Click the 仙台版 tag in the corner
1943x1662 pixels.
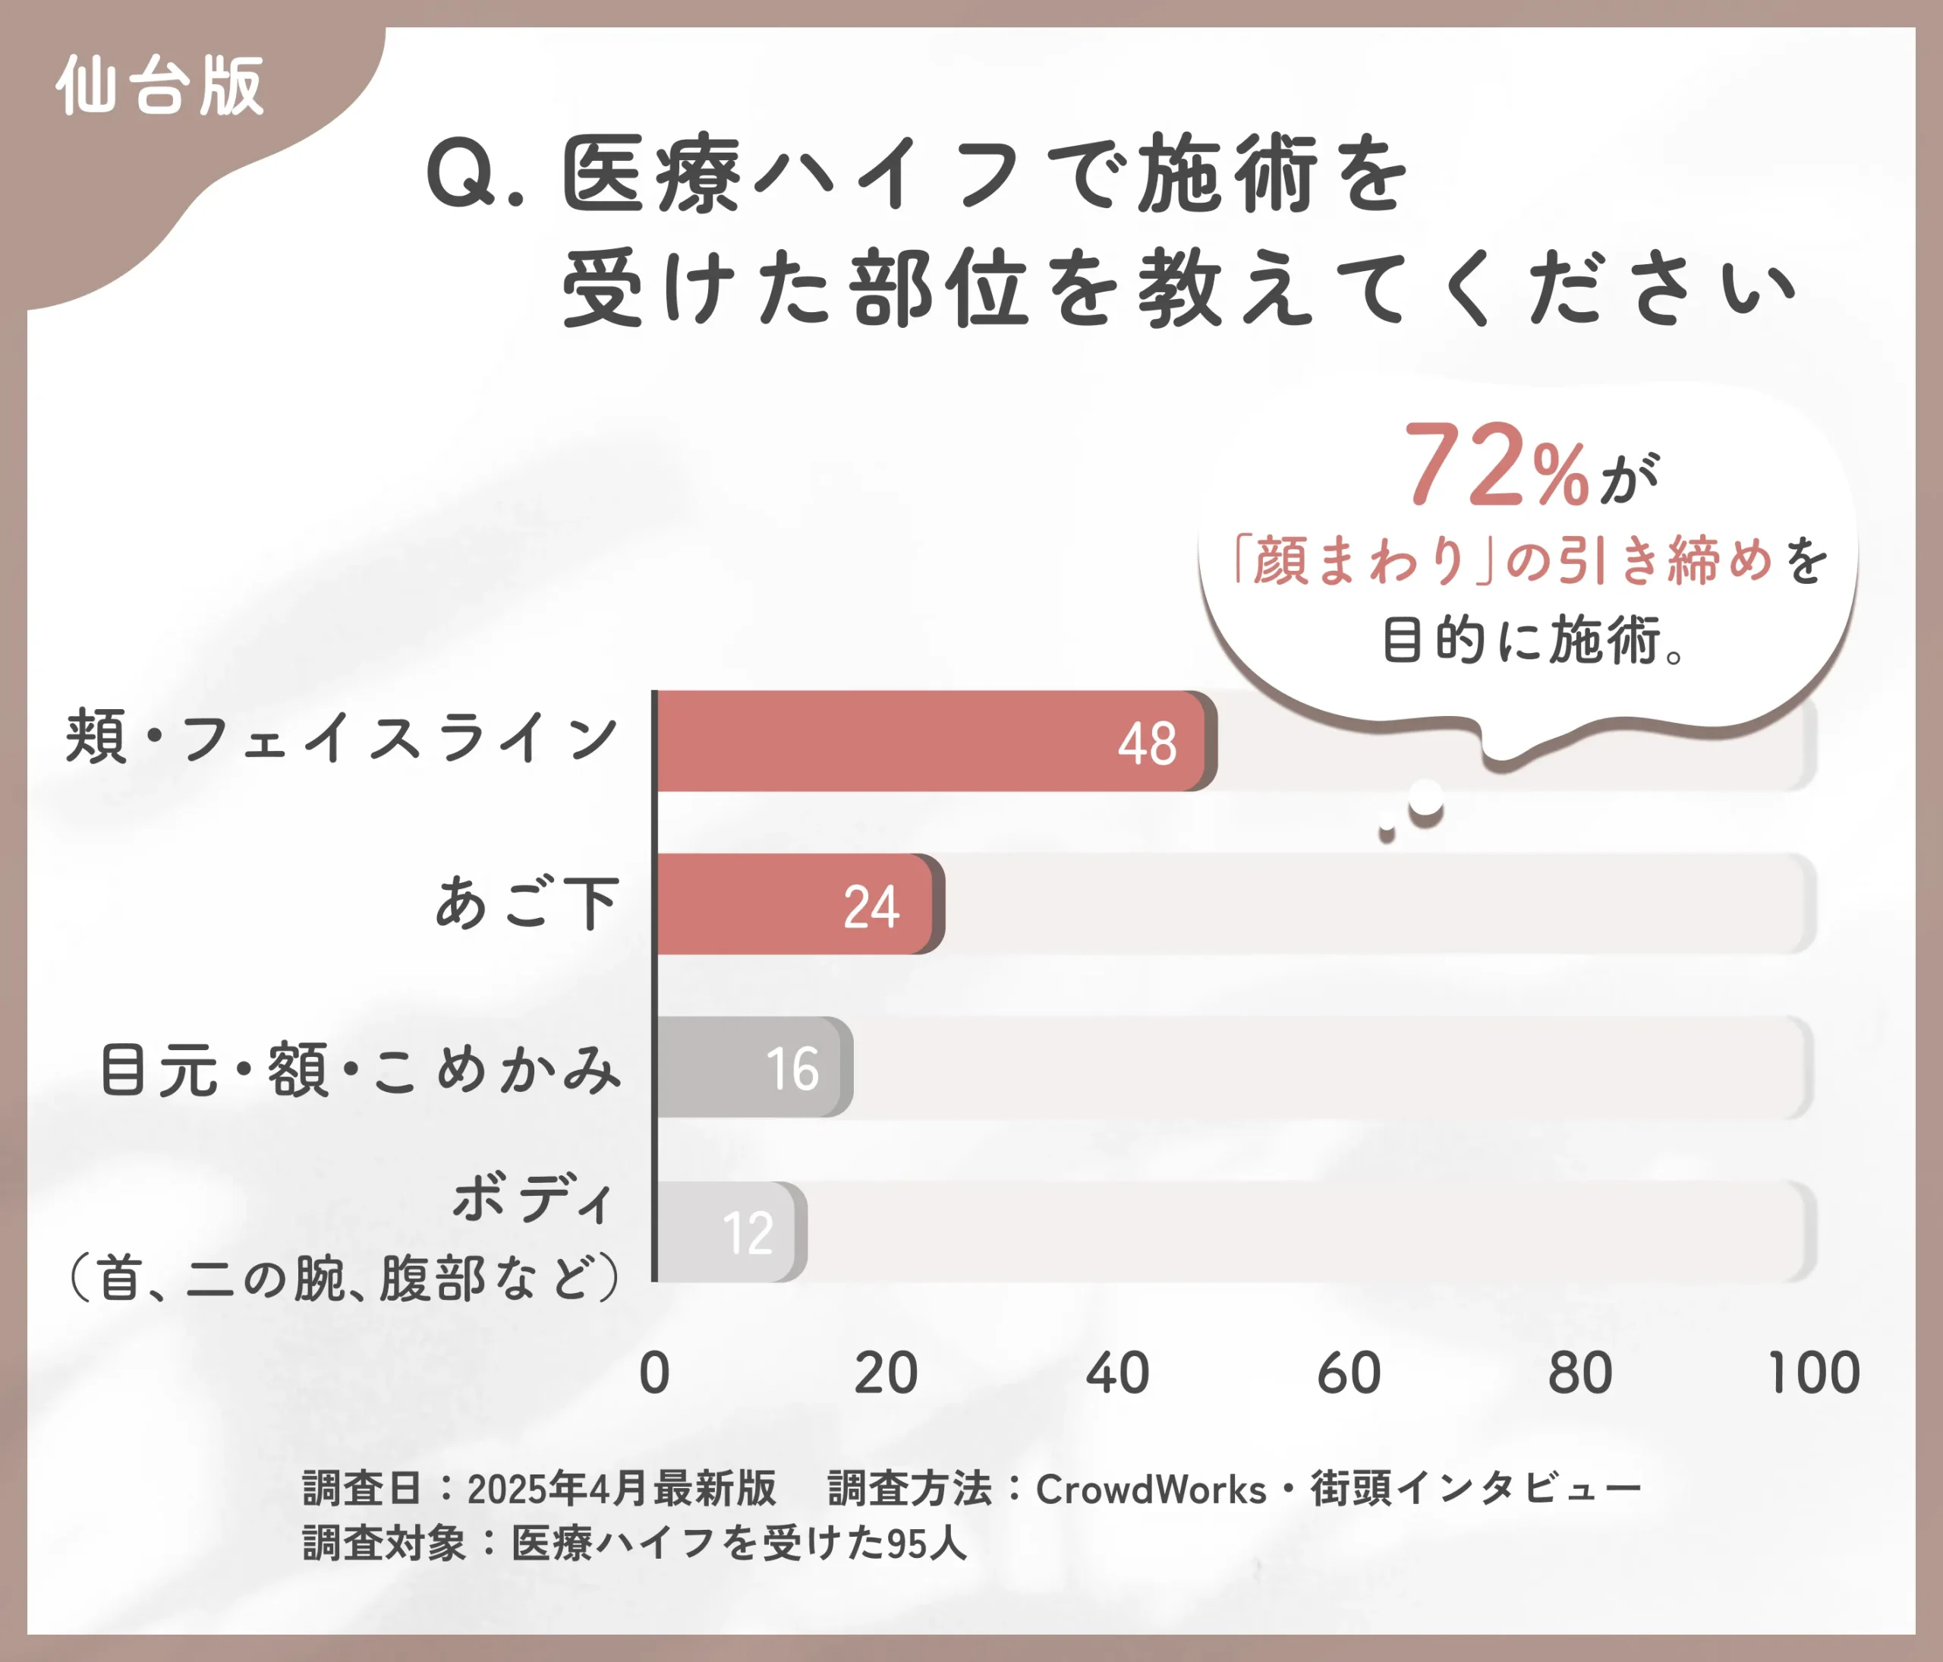tap(159, 87)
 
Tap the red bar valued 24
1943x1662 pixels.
tap(797, 904)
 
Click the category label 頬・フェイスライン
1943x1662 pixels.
tap(342, 737)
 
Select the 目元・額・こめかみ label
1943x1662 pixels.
tap(361, 1068)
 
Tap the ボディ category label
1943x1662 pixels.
tap(532, 1198)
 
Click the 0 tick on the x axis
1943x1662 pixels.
tap(654, 1373)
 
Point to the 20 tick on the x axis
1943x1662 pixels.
tap(885, 1373)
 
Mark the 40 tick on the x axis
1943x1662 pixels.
tap(1117, 1373)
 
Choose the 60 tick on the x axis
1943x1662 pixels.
tap(1349, 1373)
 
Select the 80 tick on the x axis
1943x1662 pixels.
tap(1580, 1373)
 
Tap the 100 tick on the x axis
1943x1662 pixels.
tap(1813, 1373)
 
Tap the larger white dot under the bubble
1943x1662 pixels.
tap(1426, 799)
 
